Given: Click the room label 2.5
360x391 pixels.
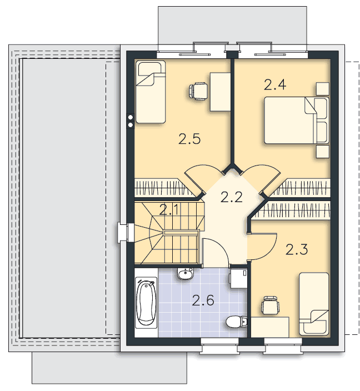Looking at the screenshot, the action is point(189,139).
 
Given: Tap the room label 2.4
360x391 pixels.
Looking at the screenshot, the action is point(274,84).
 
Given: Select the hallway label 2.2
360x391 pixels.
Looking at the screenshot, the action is point(231,197).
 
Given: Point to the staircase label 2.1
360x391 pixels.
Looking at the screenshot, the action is point(169,210).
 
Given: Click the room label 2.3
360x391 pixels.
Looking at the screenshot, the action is point(297,249).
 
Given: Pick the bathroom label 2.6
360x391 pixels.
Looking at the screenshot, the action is point(203,300).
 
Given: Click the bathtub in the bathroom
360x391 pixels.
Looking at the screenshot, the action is point(146,303).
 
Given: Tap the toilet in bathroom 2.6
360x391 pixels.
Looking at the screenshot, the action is point(236,322).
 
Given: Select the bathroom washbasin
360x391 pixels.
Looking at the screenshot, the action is point(185,274).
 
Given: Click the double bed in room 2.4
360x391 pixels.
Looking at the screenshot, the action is point(296,120).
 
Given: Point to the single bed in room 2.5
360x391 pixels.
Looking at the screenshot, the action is point(151,92).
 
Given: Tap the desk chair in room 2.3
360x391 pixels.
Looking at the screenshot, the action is point(269,305).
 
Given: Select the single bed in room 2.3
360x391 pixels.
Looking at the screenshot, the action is point(314,304).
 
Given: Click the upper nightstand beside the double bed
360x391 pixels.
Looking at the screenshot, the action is point(323,89).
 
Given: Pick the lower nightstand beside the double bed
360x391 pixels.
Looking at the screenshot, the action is point(323,152).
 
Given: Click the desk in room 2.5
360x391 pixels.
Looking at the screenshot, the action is point(220,92).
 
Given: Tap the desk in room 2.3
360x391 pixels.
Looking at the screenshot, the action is point(270,327).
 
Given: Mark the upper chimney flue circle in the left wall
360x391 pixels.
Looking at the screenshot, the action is point(131,117).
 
